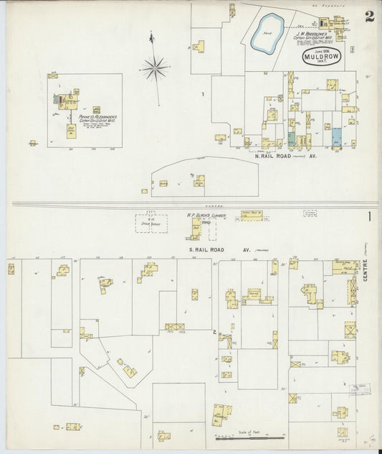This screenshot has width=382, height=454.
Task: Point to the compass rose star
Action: click(154, 69)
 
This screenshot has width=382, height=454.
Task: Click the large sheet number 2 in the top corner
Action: click(368, 17)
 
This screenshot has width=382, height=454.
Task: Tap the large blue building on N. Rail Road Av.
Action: click(336, 136)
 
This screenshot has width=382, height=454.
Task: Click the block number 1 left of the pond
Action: click(203, 94)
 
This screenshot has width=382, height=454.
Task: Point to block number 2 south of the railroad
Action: click(214, 331)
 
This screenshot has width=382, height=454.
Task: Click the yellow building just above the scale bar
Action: click(221, 414)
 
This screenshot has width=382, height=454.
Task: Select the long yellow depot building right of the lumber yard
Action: click(251, 215)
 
